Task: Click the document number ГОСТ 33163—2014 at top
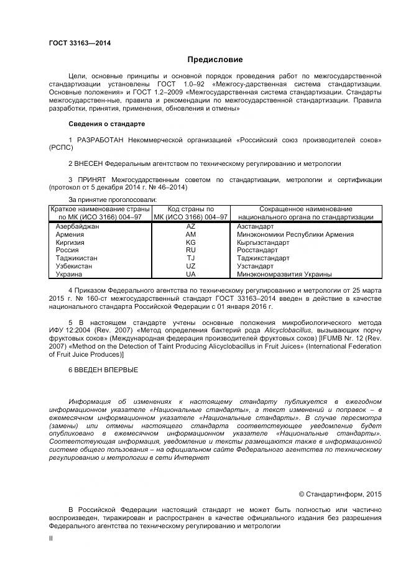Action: [80, 43]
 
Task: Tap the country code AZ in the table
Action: [190, 227]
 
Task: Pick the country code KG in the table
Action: [190, 242]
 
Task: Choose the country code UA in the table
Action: [190, 274]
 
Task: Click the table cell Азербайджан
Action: [77, 227]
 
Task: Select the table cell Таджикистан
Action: [77, 258]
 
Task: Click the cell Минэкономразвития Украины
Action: [284, 274]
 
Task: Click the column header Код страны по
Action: [191, 209]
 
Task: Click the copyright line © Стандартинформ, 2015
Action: [339, 494]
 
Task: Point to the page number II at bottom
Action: [51, 539]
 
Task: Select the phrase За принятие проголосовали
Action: [113, 199]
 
